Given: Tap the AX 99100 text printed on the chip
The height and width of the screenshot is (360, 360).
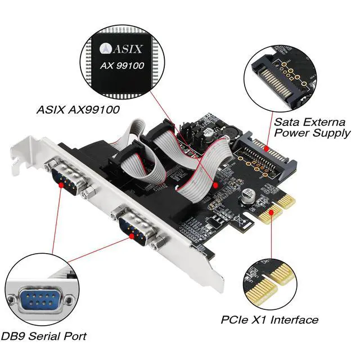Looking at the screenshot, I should (x=123, y=66).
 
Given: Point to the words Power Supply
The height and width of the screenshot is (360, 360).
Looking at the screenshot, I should (x=312, y=134).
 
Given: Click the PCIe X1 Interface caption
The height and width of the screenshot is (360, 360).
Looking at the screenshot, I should (x=269, y=320).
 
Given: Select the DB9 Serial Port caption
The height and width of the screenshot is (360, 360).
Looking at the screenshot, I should (x=44, y=336).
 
